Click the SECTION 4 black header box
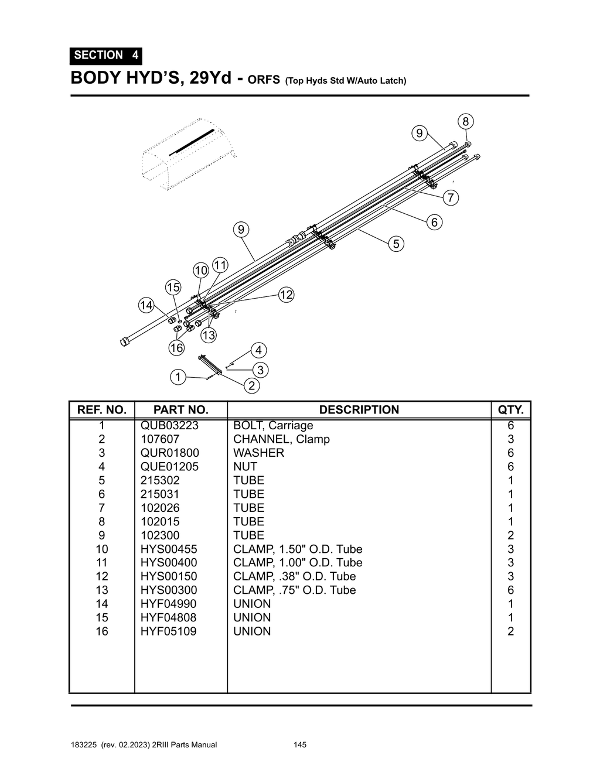(x=106, y=55)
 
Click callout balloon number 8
(x=465, y=122)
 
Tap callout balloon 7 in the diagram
(x=450, y=198)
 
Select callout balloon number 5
(x=396, y=244)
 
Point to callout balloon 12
(x=286, y=295)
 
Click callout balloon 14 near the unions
(x=146, y=305)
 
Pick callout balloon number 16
(x=176, y=348)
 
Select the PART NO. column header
(x=180, y=410)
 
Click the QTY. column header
(x=510, y=410)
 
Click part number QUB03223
(x=169, y=426)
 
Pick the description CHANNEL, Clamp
(x=281, y=439)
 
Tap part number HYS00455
(x=169, y=549)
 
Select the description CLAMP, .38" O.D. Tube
(x=294, y=576)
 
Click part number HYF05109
(x=168, y=631)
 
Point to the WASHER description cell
(x=258, y=453)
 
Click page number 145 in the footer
(x=300, y=745)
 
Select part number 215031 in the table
(x=160, y=494)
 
